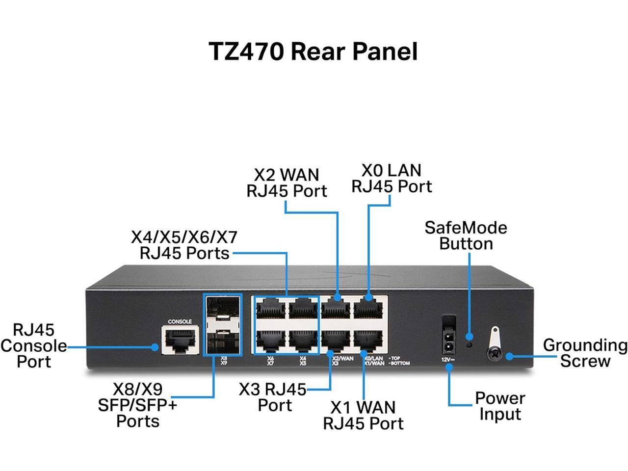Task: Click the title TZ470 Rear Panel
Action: [x=313, y=51]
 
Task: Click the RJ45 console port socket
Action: [x=180, y=340]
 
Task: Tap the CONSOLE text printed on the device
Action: [x=180, y=322]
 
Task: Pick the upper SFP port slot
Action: [x=222, y=311]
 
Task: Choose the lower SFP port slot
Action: [x=222, y=340]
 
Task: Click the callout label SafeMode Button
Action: [x=466, y=235]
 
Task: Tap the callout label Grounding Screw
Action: [x=585, y=353]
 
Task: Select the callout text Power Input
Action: [x=499, y=406]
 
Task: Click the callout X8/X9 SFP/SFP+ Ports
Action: [x=137, y=405]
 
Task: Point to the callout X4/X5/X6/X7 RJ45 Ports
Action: [x=184, y=245]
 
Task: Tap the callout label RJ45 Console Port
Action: [x=33, y=345]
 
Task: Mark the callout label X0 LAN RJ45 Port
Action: [x=391, y=178]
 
